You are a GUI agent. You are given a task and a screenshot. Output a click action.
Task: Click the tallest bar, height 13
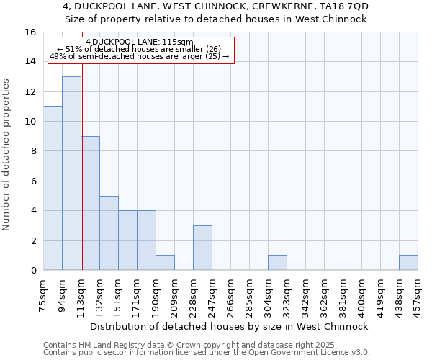71,173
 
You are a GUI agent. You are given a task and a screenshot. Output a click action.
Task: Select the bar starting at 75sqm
53,188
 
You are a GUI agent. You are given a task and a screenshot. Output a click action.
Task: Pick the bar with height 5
109,233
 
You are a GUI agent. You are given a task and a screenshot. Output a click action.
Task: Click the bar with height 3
202,248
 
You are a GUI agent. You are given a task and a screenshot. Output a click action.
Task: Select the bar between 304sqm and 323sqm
277,263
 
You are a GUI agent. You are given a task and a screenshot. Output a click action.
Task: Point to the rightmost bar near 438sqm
408,263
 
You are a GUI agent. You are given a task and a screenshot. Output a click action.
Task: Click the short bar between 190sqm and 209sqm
165,263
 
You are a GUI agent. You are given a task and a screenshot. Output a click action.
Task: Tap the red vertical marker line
82,180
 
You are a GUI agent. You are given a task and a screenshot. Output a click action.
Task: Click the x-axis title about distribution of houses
230,326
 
